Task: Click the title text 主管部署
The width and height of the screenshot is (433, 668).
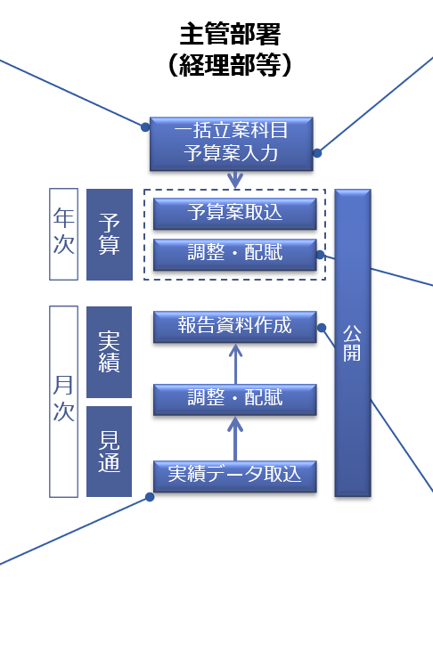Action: (230, 34)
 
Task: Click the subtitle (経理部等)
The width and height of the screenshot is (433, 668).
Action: (230, 65)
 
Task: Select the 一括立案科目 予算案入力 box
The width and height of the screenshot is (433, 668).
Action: (232, 144)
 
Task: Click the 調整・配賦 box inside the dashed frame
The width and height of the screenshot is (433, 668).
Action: (235, 255)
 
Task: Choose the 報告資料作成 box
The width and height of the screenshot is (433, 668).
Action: (235, 327)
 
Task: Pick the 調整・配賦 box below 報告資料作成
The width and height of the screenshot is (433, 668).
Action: (235, 399)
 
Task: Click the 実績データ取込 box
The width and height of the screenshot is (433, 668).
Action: (235, 477)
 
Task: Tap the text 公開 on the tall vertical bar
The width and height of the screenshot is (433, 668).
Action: (352, 343)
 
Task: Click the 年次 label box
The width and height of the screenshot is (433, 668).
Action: (64, 234)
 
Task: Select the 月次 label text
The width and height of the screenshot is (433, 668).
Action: (63, 399)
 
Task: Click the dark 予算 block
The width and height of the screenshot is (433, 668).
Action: (110, 234)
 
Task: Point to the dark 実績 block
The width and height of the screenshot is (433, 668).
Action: (109, 352)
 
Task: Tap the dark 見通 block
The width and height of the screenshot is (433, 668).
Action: (109, 452)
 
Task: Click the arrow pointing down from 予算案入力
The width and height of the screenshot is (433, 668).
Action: (235, 180)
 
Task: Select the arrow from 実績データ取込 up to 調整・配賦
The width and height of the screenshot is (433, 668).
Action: (235, 438)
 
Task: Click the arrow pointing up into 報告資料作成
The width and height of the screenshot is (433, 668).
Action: (235, 363)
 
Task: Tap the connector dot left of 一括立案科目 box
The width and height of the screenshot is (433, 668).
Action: (145, 127)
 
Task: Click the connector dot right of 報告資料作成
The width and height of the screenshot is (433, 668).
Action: (322, 328)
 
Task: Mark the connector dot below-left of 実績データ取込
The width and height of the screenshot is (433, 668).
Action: (150, 497)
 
